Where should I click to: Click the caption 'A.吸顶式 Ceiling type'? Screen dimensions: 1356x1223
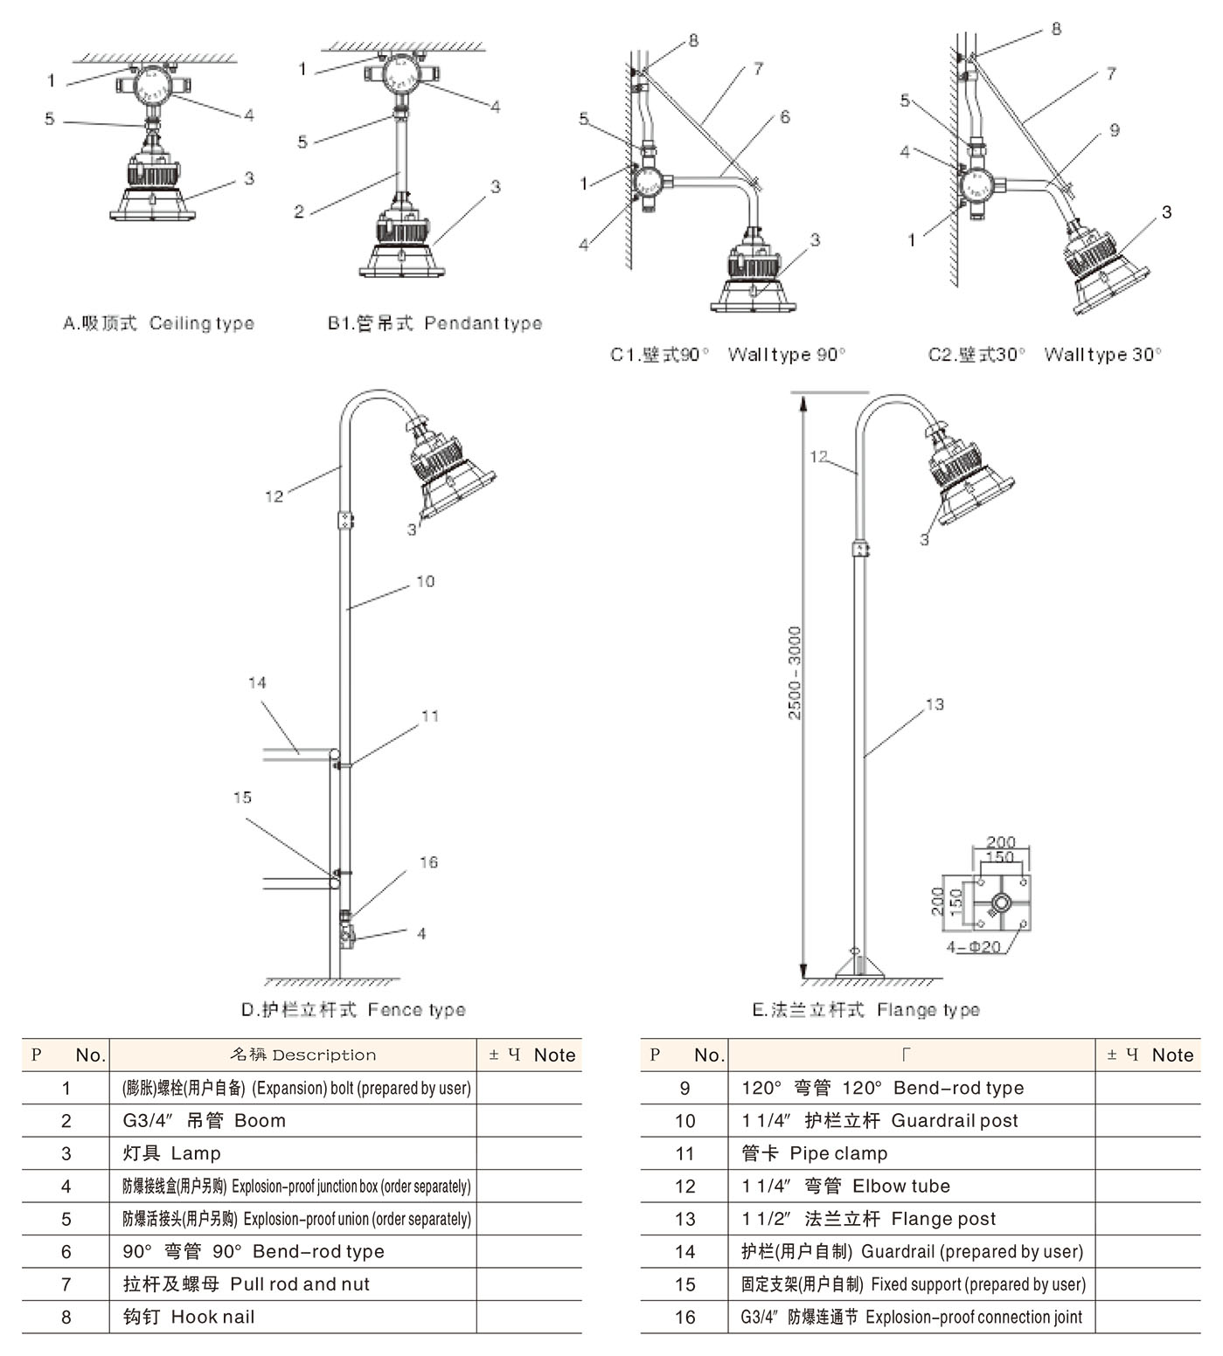pyautogui.click(x=158, y=323)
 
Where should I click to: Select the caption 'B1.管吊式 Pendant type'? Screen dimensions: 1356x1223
pyautogui.click(x=434, y=323)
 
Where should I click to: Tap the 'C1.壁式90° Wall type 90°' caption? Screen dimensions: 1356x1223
pyautogui.click(x=727, y=355)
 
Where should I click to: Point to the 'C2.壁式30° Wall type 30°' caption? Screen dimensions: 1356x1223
pyautogui.click(x=1045, y=355)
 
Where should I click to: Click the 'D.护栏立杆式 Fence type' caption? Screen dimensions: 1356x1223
pyautogui.click(x=353, y=1010)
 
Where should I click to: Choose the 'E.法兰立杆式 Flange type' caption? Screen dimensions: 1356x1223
pyautogui.click(x=865, y=1010)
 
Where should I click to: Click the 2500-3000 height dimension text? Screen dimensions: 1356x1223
pyautogui.click(x=795, y=673)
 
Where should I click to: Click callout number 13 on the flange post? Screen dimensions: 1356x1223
pyautogui.click(x=935, y=704)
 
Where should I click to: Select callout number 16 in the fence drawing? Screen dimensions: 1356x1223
pyautogui.click(x=428, y=862)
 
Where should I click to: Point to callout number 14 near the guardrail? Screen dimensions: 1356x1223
pyautogui.click(x=257, y=682)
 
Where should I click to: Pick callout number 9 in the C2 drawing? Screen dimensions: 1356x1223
pyautogui.click(x=1114, y=130)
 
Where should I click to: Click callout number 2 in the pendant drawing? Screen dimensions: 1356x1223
pyautogui.click(x=299, y=211)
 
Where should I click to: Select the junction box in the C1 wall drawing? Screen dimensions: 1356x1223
pyautogui.click(x=649, y=183)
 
